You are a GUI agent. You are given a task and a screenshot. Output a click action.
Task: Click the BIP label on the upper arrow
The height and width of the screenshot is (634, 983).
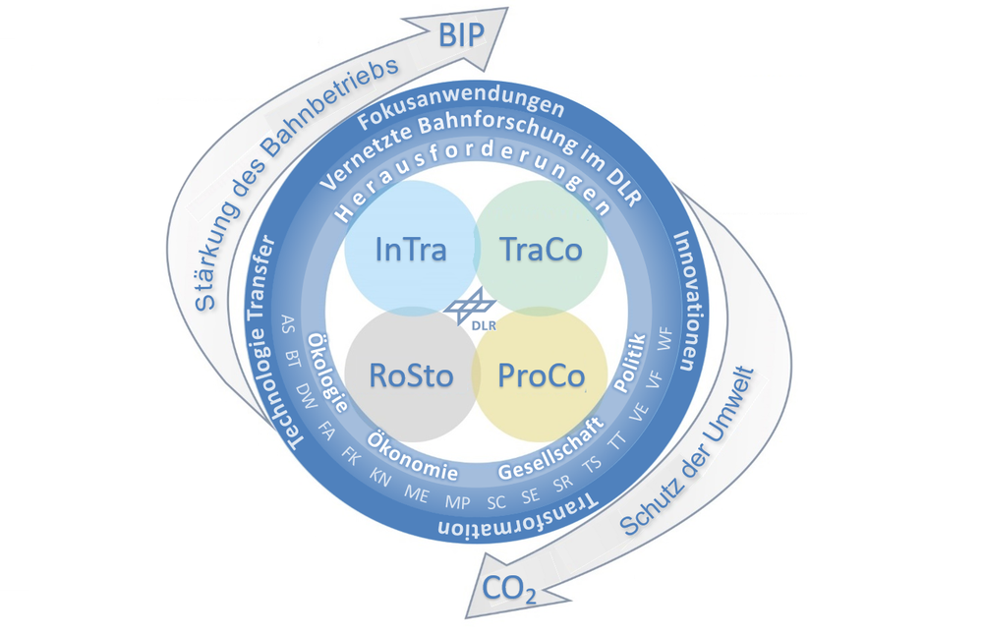462,36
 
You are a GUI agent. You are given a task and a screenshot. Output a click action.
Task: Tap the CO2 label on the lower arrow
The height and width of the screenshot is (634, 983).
509,590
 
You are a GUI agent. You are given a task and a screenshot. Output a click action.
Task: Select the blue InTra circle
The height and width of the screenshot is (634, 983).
411,249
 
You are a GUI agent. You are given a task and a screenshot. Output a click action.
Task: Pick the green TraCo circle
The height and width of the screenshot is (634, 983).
541,249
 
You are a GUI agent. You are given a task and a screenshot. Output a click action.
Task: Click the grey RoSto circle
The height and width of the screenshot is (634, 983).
411,375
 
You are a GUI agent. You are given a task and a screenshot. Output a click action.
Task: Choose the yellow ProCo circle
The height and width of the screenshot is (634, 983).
542,375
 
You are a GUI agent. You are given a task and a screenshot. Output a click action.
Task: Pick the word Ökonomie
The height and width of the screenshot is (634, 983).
412,458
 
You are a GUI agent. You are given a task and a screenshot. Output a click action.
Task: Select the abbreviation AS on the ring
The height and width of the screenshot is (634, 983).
288,322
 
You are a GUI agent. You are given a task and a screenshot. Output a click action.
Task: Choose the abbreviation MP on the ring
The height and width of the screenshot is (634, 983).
457,501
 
